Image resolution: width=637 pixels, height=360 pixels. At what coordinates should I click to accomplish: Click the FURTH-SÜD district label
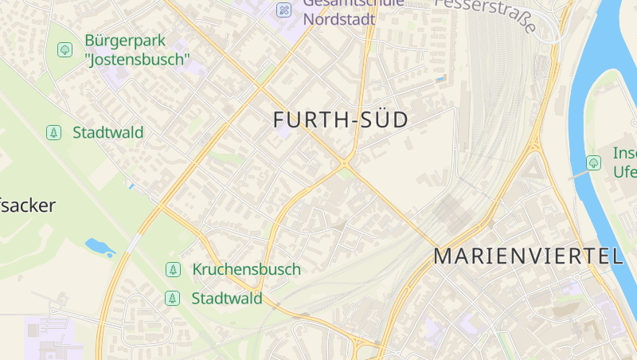point(340,120)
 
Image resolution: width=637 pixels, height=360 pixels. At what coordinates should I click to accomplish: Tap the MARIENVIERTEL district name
point(528,256)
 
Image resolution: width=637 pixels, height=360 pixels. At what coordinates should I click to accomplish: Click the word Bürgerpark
point(126,41)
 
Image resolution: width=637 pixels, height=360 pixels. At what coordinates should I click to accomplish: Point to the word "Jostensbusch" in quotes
point(137,59)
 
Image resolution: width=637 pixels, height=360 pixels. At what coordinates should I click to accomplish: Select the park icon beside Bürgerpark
point(64,50)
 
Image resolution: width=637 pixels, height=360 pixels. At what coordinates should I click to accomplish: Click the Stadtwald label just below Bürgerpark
point(107,132)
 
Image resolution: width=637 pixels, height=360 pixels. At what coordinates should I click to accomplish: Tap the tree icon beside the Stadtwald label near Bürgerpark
point(54,132)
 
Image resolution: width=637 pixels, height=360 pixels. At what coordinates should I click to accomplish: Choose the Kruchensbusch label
point(246,269)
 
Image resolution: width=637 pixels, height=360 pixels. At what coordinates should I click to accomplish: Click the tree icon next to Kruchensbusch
point(172,269)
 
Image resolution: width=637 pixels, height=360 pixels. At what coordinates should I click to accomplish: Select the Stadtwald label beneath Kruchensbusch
point(226,299)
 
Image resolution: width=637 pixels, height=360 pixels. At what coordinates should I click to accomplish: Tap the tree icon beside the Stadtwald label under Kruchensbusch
point(172,299)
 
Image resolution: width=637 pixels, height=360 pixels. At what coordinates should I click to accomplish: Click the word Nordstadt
point(339,19)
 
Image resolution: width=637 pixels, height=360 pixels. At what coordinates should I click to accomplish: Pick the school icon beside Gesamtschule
point(283,10)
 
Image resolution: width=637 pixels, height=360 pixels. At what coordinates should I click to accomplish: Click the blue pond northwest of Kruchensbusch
point(100,247)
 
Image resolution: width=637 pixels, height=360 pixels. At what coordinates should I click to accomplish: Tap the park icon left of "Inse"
point(593,162)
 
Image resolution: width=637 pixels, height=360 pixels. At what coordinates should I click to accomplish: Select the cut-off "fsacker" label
point(28,205)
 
